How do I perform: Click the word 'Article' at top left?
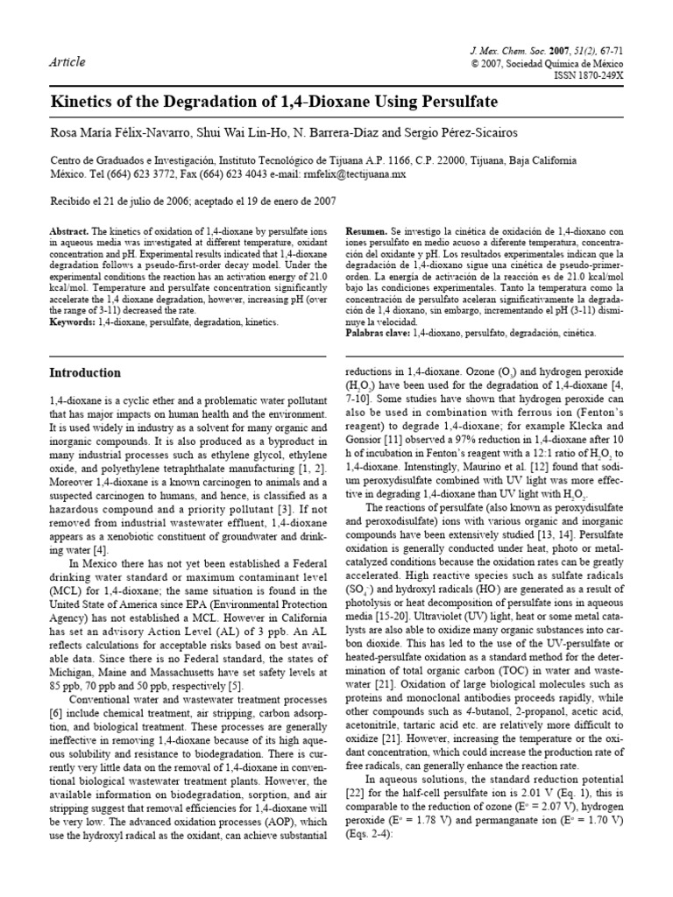click(67, 61)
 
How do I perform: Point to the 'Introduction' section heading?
click(85, 372)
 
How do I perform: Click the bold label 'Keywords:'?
click(74, 322)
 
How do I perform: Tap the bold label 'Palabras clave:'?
click(378, 334)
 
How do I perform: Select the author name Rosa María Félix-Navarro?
click(109, 131)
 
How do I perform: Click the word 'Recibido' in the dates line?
click(68, 201)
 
